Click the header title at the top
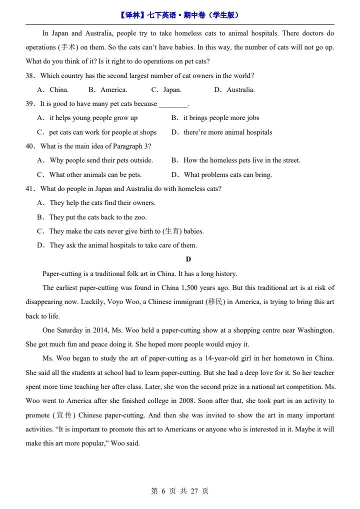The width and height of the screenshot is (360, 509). coord(179,15)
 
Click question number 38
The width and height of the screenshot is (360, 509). coord(30,76)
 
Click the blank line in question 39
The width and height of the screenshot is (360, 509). coord(173,104)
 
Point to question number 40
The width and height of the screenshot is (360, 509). coord(30,146)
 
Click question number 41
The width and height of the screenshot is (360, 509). coord(30,189)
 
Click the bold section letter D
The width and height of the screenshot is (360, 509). coord(188,259)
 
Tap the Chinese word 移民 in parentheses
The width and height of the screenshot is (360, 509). coord(215,302)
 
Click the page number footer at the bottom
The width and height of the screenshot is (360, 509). coord(179,491)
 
